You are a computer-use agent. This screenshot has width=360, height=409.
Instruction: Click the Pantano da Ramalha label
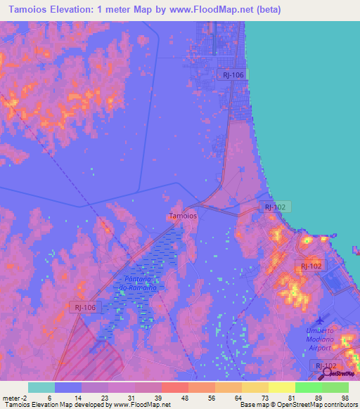[x=132, y=283]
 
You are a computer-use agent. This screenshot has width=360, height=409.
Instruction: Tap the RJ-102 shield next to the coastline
[x=274, y=207]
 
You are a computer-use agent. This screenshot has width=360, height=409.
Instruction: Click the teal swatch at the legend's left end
[x=41, y=387]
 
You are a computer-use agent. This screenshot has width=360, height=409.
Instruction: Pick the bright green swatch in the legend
[x=309, y=387]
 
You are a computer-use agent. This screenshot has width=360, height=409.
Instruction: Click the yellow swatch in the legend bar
[x=255, y=387]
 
